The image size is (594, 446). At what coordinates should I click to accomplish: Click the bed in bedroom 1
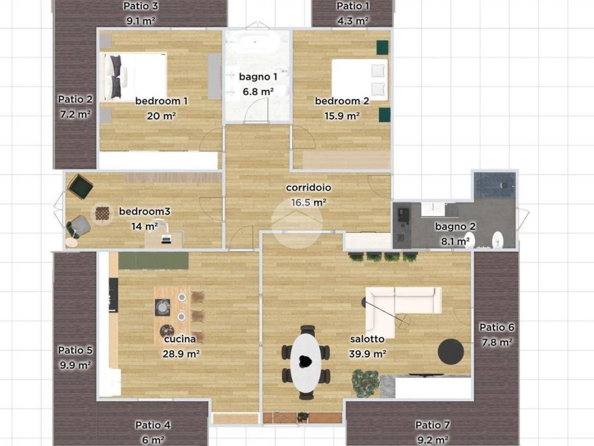(134, 77)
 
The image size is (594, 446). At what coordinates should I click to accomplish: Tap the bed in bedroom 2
(360, 80)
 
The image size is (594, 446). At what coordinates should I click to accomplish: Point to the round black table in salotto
(451, 351)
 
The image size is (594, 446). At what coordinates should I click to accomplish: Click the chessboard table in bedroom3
(102, 213)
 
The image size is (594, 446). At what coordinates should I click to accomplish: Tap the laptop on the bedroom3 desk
(166, 239)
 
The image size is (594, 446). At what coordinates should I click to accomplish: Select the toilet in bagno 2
(497, 240)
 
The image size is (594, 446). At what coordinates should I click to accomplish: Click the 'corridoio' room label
(309, 188)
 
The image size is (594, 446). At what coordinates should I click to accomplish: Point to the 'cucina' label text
(180, 339)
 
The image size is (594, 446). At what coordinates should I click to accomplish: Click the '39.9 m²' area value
(367, 354)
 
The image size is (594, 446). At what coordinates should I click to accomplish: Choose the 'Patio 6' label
(497, 328)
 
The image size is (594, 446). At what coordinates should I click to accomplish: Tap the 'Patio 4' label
(153, 425)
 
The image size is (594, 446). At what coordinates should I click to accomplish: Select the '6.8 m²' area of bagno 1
(258, 91)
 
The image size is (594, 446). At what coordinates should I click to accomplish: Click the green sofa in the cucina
(153, 261)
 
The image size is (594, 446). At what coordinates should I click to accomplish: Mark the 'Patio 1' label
(353, 6)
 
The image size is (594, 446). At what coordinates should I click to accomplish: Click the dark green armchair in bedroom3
(81, 186)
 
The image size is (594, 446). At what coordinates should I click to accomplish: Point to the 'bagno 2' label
(455, 227)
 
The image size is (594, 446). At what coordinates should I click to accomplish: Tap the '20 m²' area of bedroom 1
(161, 116)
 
